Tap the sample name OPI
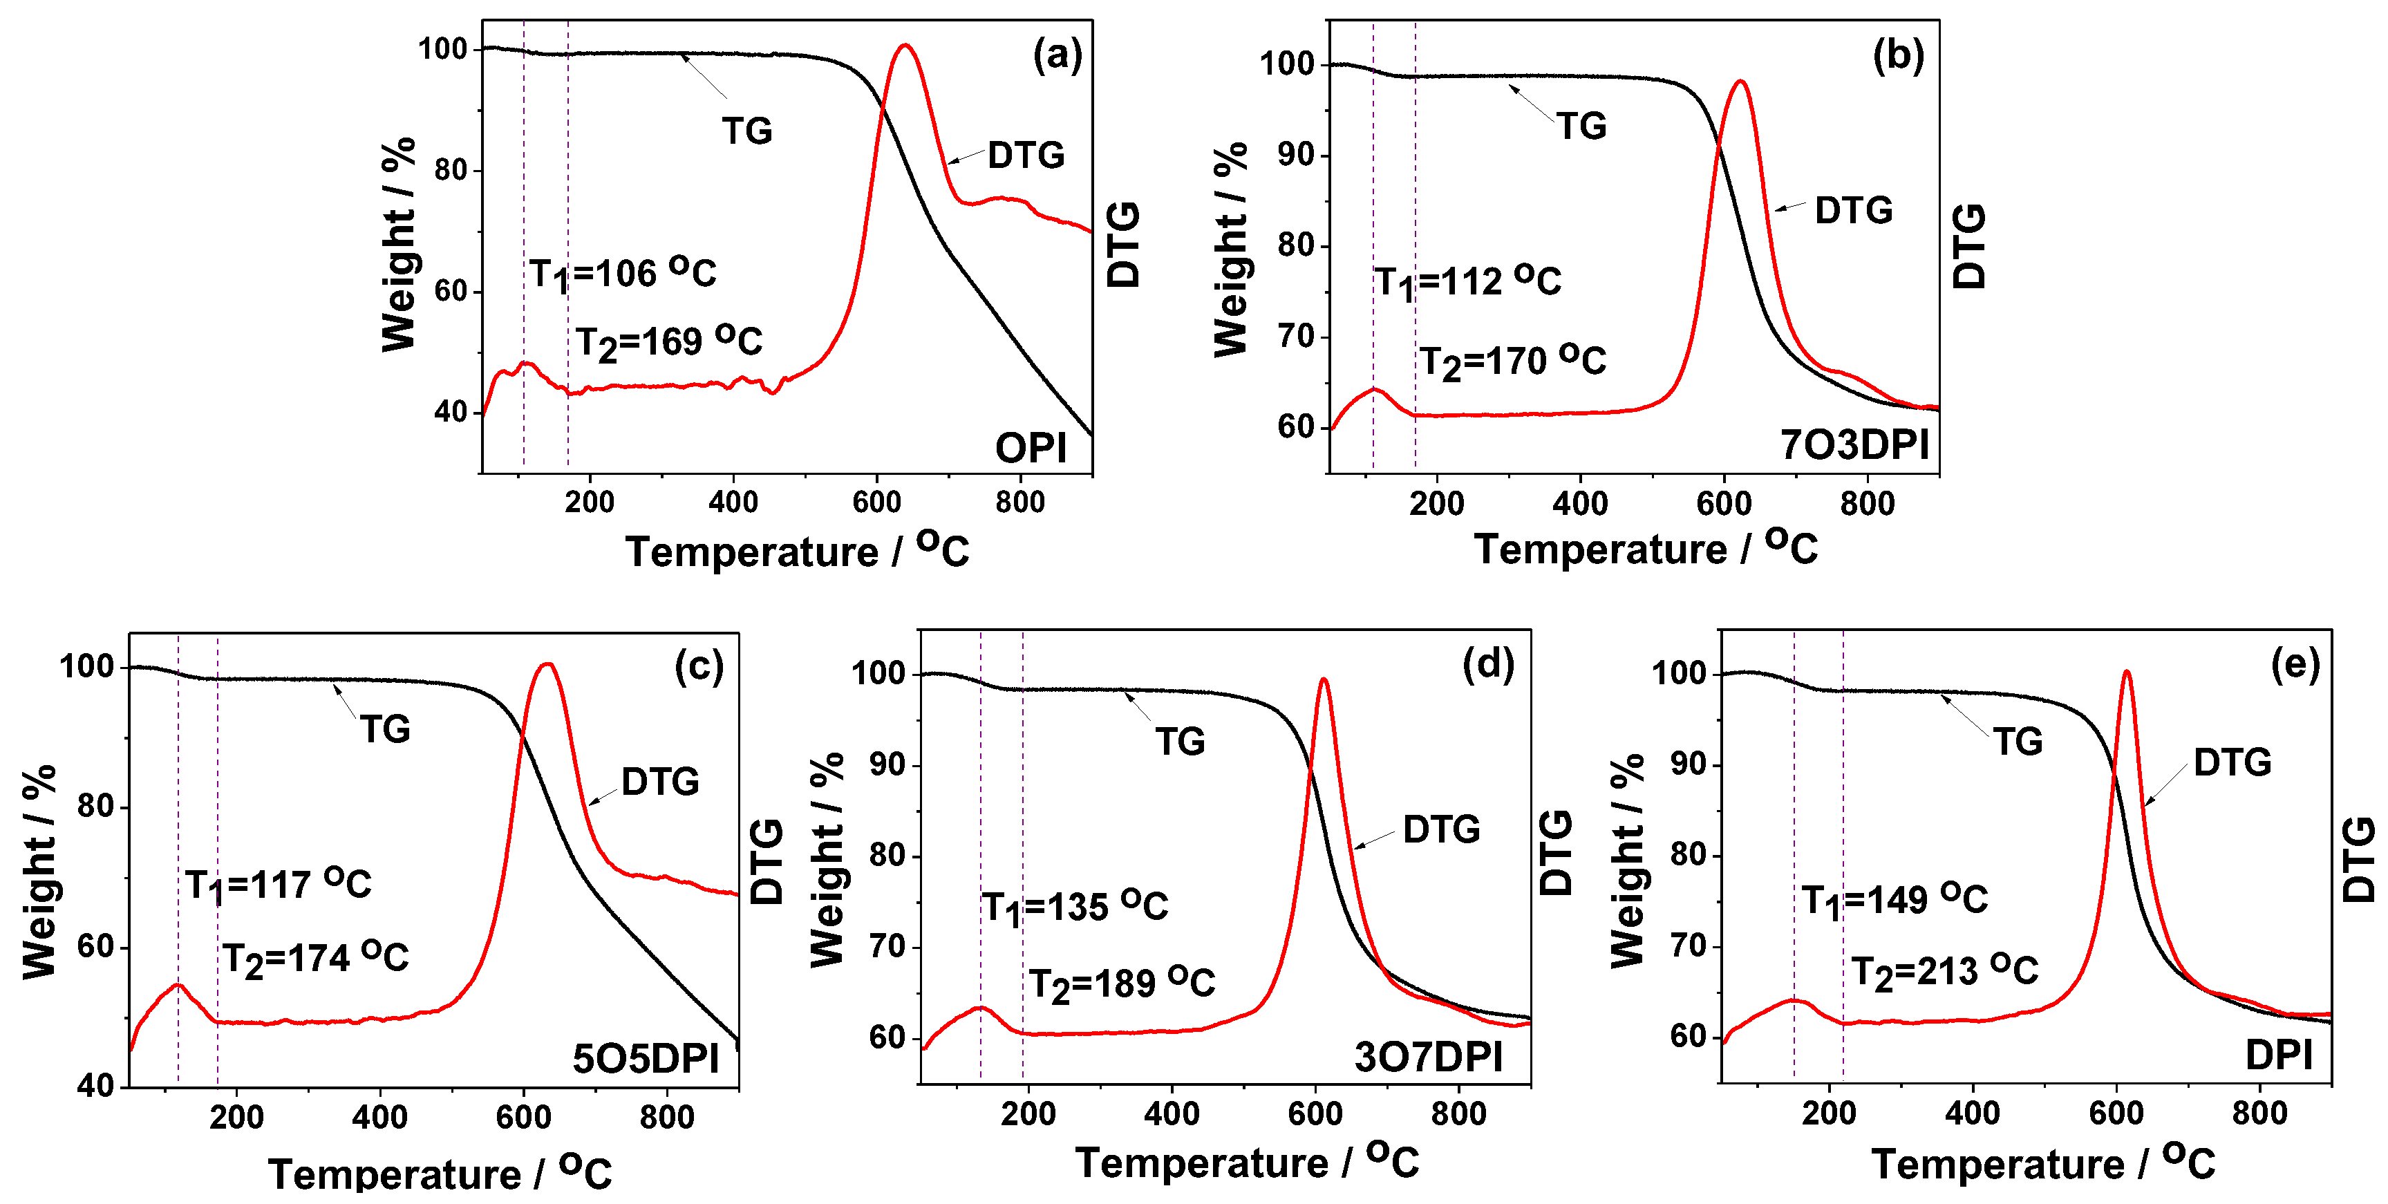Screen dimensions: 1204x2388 coord(1030,449)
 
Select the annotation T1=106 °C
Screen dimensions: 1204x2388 coord(622,274)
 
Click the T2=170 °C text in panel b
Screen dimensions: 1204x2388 coord(1512,361)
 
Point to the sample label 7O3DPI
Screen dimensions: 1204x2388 coord(1854,445)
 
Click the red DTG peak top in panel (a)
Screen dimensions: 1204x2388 coord(905,46)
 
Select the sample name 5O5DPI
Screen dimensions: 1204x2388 coord(645,1058)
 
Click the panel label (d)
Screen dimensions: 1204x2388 coord(1488,665)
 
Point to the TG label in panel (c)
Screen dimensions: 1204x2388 coord(385,729)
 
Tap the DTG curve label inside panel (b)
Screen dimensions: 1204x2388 coord(1853,210)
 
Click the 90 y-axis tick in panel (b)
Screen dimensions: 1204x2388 coord(1295,155)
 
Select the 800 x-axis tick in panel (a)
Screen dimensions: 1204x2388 coord(1019,502)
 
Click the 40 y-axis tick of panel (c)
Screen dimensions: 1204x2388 coord(95,1085)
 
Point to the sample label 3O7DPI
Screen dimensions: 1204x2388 coord(1427,1057)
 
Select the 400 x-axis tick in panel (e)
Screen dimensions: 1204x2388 coord(1973,1112)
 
